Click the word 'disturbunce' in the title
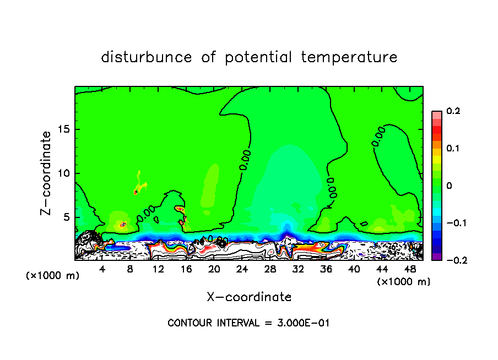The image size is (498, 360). click(x=147, y=57)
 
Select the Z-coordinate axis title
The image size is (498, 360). click(x=47, y=172)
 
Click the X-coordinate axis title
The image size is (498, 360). click(x=249, y=297)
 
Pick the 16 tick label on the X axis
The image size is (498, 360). click(x=186, y=269)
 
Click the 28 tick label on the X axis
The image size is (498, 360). click(x=270, y=269)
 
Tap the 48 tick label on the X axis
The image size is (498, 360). click(x=409, y=269)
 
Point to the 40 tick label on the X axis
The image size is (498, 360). click(x=354, y=269)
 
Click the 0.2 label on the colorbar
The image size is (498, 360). click(x=453, y=111)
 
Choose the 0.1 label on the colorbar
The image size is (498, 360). click(x=453, y=149)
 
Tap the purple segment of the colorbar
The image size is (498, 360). click(x=437, y=257)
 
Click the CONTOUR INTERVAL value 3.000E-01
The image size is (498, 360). click(x=304, y=323)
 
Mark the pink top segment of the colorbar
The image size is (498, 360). click(x=437, y=114)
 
